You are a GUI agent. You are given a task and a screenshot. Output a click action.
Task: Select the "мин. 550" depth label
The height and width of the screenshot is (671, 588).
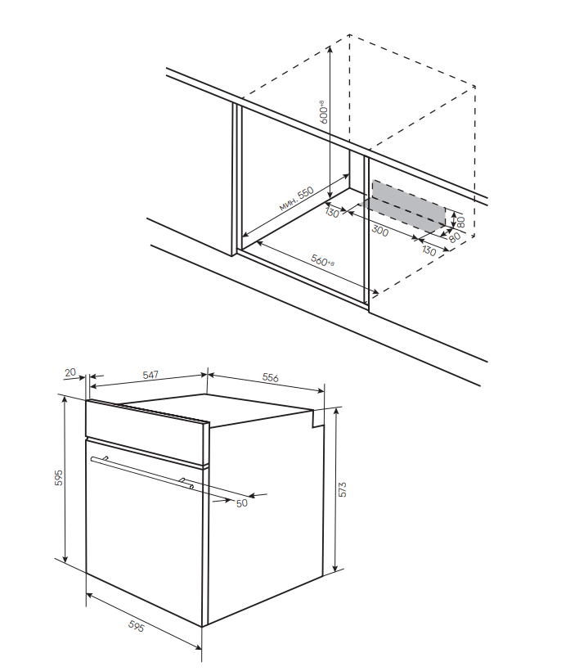(x=296, y=199)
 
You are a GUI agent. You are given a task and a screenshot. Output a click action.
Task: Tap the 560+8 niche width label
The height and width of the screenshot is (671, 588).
(x=323, y=261)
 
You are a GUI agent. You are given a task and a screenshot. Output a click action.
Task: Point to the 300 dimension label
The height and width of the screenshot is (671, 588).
(x=380, y=229)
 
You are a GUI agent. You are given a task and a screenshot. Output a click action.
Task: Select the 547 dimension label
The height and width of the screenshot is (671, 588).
(x=150, y=375)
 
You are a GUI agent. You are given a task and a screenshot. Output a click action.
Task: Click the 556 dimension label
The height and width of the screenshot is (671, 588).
(x=271, y=378)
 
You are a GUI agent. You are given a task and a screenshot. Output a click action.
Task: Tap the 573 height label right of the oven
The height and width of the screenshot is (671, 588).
(x=343, y=489)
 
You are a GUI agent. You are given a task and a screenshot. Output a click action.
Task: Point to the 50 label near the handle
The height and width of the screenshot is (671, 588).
(x=241, y=503)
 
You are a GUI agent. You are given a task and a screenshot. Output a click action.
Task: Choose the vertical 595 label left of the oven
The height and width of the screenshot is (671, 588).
(x=59, y=478)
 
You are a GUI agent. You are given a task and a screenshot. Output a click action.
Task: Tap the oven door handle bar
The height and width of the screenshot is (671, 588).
(x=143, y=471)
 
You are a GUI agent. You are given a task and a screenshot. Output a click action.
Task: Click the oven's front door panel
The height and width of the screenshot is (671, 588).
(x=143, y=540)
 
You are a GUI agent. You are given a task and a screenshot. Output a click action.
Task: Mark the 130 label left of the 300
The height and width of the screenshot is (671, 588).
(x=331, y=213)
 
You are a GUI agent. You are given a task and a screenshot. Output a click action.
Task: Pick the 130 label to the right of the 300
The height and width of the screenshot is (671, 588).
(x=429, y=250)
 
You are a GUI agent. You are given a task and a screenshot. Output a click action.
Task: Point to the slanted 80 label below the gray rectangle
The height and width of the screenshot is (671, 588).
(x=455, y=239)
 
